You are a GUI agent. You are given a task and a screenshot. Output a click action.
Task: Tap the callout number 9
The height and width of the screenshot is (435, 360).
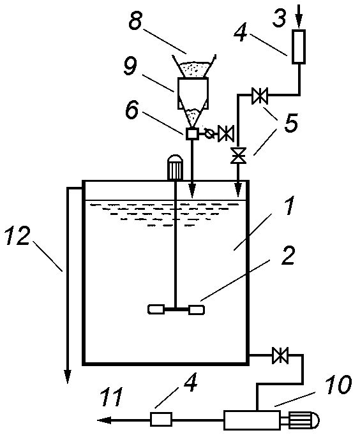tap(130, 67)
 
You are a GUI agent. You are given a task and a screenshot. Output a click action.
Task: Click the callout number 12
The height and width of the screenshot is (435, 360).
tap(17, 235)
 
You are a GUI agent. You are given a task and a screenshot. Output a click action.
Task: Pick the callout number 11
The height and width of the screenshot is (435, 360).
tap(112, 397)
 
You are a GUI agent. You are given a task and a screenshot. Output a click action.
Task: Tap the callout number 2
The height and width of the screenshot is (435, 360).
tap(288, 254)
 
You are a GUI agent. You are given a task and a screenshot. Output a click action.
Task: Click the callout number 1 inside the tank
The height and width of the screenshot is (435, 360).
tap(289, 206)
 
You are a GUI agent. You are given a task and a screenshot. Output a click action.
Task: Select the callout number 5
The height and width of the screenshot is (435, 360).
tap(291, 122)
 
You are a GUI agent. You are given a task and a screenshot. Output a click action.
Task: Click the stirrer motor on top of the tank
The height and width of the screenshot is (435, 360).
tap(175, 168)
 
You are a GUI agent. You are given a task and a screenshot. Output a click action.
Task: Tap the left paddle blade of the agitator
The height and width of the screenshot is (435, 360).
tap(156, 309)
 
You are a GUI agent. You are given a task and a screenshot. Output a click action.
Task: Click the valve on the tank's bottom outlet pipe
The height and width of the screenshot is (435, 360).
tap(280, 355)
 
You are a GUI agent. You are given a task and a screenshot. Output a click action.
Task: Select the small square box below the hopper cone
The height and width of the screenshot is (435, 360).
tap(192, 134)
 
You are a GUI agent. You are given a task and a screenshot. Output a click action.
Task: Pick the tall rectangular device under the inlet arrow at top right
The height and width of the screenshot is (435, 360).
tap(299, 47)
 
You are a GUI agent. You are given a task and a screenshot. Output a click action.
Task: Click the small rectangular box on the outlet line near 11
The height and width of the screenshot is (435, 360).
tap(161, 419)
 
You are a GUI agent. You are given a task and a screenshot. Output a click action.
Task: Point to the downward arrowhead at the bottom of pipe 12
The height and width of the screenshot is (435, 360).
tap(68, 377)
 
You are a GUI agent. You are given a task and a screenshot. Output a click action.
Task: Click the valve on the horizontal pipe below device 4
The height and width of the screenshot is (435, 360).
tap(260, 96)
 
